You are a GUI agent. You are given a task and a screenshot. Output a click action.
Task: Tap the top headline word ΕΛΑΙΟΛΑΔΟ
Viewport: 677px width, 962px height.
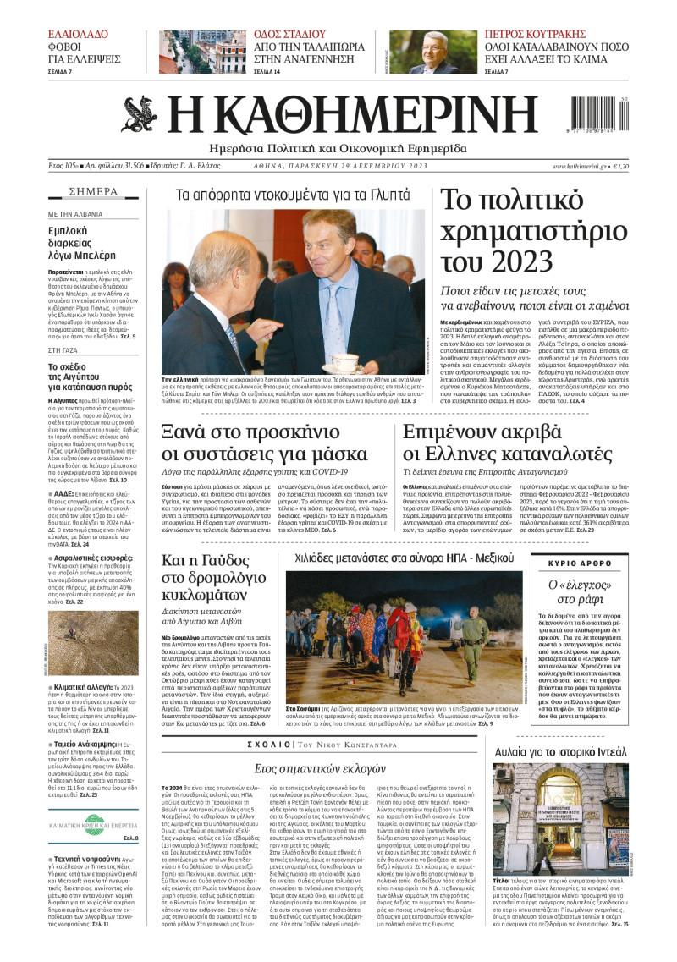78,35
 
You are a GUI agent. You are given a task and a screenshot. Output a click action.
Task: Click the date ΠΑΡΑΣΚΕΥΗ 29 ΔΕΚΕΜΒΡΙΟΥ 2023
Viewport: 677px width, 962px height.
354,167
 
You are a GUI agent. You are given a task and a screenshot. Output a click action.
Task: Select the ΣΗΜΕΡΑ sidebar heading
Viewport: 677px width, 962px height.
93,191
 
